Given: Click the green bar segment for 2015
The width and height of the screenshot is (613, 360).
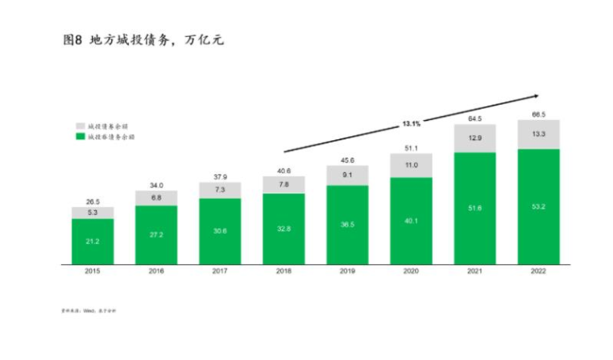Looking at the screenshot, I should click(x=92, y=241).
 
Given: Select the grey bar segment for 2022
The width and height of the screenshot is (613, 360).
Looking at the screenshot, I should click(x=538, y=134).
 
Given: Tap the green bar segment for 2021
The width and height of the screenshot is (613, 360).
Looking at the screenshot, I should click(x=474, y=208).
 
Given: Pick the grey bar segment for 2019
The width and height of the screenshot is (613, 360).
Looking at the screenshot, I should click(x=347, y=175).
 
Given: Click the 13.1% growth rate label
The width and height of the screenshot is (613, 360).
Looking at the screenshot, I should click(x=412, y=123).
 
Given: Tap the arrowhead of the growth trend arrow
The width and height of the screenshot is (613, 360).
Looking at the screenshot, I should click(x=534, y=96).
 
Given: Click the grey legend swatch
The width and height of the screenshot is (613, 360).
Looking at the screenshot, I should click(x=80, y=126).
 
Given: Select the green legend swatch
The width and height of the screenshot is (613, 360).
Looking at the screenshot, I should click(x=80, y=137).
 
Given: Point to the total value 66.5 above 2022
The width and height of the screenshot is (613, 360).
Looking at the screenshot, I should click(x=538, y=114).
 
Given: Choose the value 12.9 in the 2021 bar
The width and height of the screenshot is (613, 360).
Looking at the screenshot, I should click(x=474, y=138).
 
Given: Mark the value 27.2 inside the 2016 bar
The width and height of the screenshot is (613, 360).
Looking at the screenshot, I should click(x=155, y=235).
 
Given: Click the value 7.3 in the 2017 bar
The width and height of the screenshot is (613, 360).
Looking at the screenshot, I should click(x=219, y=189).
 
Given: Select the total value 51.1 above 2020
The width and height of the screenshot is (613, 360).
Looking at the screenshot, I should click(x=411, y=147).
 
